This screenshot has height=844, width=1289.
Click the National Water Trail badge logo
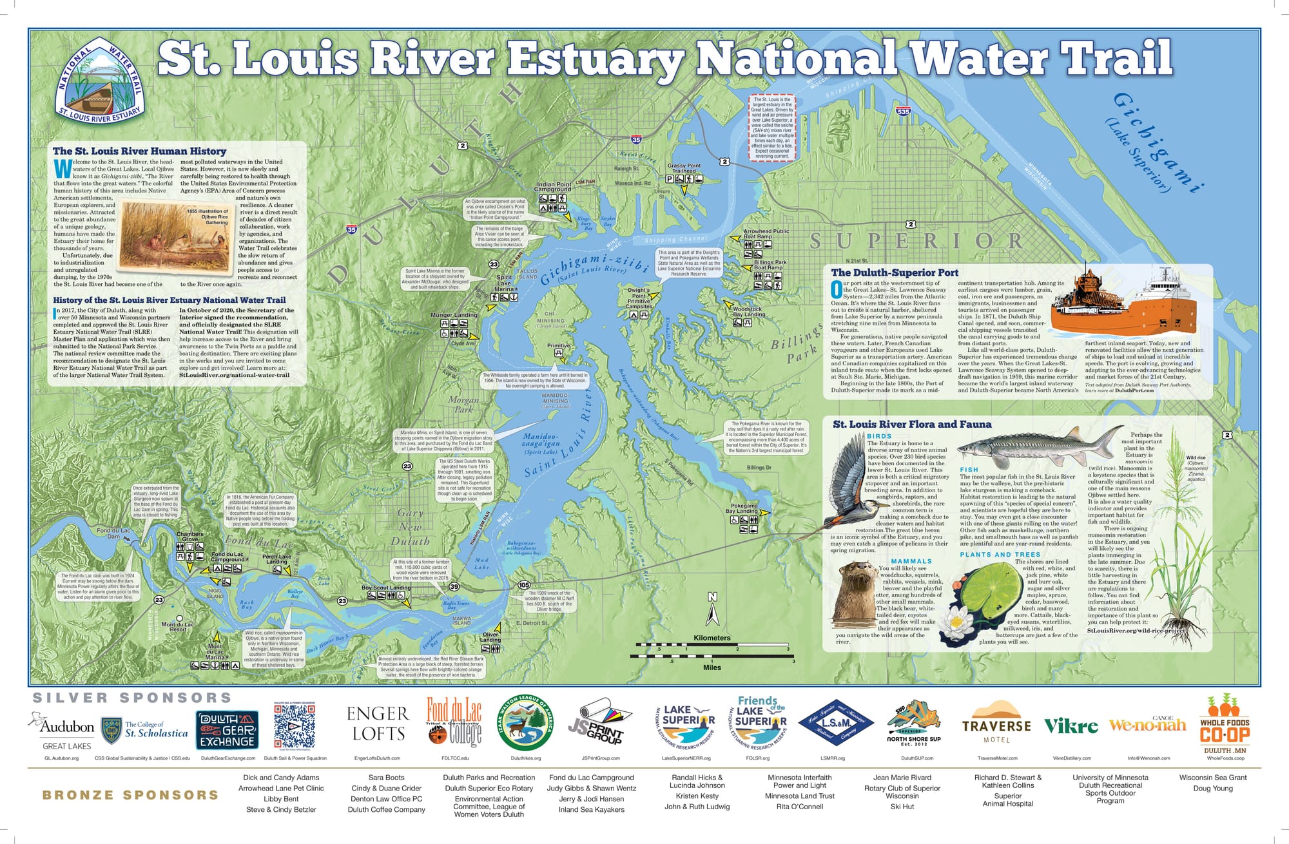coord(99,82)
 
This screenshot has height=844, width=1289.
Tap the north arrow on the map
coord(712,609)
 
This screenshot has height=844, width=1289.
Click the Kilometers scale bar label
coord(712,638)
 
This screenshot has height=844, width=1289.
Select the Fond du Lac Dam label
coord(113,533)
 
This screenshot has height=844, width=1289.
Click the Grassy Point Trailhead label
coord(684,168)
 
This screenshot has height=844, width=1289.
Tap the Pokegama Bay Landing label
coord(743,508)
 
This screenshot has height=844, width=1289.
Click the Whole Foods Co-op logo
coord(1225,725)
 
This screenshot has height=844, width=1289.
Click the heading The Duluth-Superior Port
coord(895,273)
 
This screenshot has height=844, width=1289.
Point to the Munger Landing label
coord(454,315)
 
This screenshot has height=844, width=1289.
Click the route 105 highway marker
coord(523,584)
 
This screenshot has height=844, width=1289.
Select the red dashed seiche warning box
coord(771,128)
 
